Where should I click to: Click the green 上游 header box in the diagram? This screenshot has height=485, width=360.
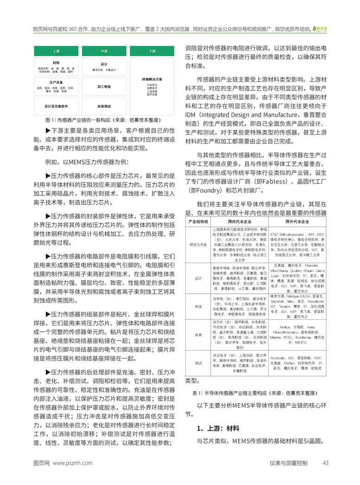(x=56, y=50)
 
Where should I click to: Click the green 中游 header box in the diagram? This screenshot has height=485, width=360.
(x=104, y=50)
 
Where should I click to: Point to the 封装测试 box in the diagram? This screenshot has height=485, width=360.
(x=104, y=106)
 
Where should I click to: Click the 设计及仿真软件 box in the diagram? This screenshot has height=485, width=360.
(x=56, y=106)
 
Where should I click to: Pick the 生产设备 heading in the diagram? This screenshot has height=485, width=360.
(x=56, y=82)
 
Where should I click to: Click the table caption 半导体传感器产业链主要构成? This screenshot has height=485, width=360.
(x=253, y=393)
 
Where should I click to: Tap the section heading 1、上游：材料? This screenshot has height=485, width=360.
(x=218, y=428)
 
